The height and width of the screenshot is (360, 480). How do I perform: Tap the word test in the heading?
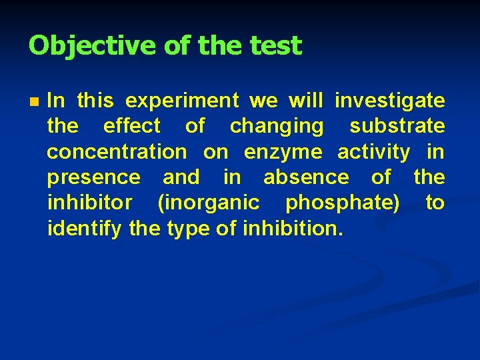coord(275,46)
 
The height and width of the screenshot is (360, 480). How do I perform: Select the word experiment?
coord(182,101)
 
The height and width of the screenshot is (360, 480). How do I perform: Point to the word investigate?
coord(389,101)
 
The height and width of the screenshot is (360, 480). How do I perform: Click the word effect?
coord(132,126)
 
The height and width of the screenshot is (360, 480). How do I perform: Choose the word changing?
coord(276,127)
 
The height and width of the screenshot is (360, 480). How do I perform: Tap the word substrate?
coord(397,126)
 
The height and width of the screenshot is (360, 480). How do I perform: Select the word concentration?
coord(117,152)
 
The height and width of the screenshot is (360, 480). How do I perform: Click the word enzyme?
coord(283,153)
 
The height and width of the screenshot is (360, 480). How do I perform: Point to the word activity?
coord(373,153)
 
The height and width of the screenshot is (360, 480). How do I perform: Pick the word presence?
coord(93,177)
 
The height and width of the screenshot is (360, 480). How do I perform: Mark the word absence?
coord(305,177)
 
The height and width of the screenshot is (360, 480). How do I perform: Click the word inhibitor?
coord(89,203)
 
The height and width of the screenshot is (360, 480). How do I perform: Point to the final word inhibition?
coord(293,229)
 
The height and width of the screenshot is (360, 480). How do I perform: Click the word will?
coord(305,101)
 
